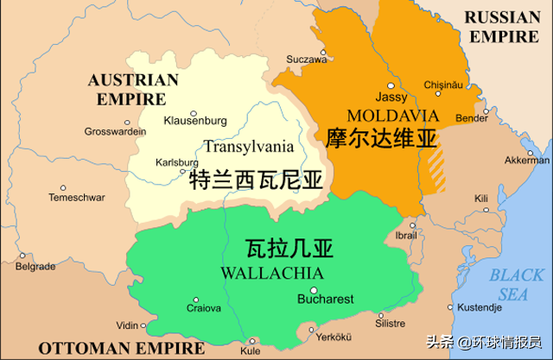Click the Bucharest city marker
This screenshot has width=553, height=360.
(314, 290)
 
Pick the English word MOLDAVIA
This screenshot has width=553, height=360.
(381, 115)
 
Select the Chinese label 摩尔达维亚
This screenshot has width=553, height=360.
(381, 137)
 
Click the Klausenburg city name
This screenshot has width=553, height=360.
(195, 121)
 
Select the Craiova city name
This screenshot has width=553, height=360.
(205, 307)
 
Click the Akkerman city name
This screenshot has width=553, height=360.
(527, 161)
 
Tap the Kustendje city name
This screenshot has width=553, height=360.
(479, 307)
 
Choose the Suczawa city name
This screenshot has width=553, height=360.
(308, 60)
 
